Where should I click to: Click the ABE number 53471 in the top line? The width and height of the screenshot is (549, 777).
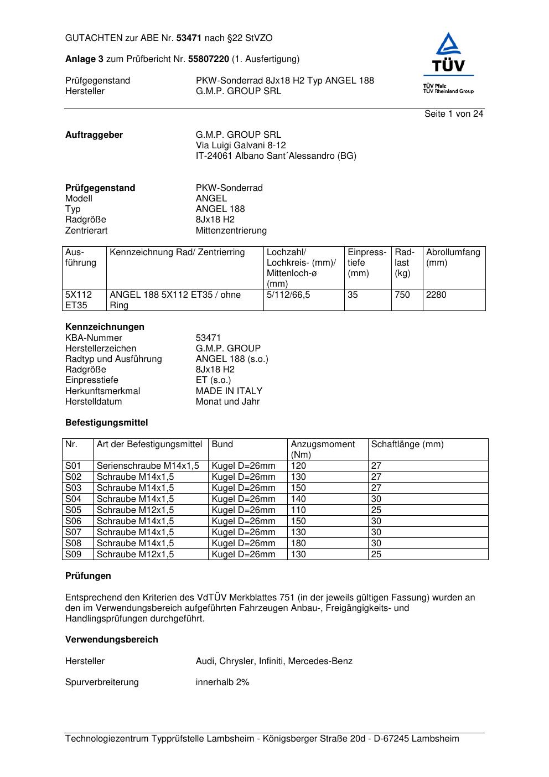[189, 38]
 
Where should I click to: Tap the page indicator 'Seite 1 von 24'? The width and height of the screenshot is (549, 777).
[454, 114]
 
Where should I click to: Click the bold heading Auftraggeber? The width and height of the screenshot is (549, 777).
[94, 135]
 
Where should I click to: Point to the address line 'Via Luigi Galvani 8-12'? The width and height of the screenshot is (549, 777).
[241, 146]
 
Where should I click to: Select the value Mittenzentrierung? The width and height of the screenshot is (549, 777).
[231, 230]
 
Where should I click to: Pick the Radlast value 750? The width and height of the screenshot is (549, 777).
[402, 295]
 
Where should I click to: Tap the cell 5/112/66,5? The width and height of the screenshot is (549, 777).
[288, 295]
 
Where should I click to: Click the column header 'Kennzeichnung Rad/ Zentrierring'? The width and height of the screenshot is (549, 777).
[177, 252]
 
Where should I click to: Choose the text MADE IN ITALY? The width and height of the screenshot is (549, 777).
[229, 391]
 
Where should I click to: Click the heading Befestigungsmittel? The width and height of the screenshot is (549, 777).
[107, 423]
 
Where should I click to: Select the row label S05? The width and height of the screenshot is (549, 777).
[73, 510]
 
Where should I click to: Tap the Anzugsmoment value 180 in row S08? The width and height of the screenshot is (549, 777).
[298, 543]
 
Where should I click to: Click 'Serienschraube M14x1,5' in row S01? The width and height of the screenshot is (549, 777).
[148, 465]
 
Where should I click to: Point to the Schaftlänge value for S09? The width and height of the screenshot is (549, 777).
[376, 554]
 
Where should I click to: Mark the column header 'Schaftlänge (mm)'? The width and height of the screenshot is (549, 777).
[407, 444]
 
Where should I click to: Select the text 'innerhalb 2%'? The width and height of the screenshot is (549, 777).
[222, 682]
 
